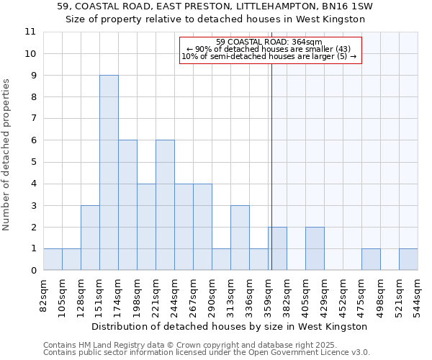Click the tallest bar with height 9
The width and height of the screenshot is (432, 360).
[x=109, y=173]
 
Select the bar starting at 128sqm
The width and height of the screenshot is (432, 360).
[x=90, y=238]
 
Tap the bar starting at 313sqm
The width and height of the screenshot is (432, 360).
[x=240, y=238]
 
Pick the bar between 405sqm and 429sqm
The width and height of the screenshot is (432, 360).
[x=315, y=248]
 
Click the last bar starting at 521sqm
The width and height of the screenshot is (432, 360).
[x=408, y=259]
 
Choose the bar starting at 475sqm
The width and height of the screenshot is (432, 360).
[x=371, y=259]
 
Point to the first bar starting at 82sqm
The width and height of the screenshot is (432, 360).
[x=53, y=259]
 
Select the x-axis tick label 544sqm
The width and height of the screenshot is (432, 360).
[x=418, y=297]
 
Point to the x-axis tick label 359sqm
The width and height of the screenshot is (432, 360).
[x=268, y=297]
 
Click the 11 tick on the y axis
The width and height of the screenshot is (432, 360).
[x=30, y=32]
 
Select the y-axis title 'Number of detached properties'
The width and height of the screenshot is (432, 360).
[x=7, y=155]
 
